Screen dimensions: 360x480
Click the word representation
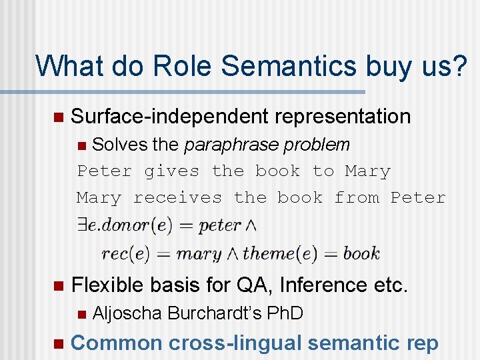coord(343,116)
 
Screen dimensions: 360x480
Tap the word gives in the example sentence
coord(172,171)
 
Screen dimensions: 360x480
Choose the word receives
coord(177,198)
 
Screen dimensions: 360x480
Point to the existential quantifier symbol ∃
coord(83,225)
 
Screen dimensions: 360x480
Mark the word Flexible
coord(107,285)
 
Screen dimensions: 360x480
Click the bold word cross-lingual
coord(234,343)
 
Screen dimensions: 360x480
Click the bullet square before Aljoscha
coord(81,313)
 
